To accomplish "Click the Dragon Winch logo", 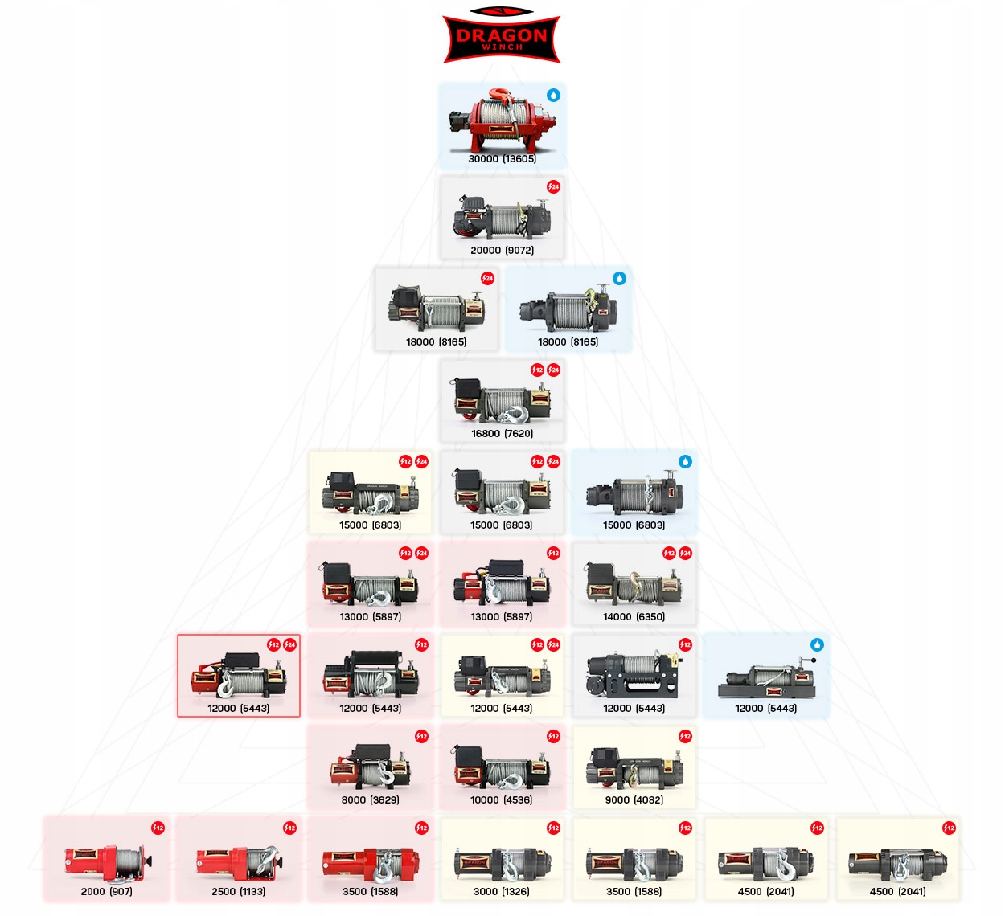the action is click(502, 35).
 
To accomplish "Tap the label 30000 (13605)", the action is click(502, 159).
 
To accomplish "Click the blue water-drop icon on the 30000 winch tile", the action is click(553, 95).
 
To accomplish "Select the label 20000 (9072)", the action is click(502, 251).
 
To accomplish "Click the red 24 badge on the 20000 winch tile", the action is click(553, 186).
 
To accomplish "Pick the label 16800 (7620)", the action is click(502, 434).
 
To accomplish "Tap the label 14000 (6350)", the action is click(634, 617).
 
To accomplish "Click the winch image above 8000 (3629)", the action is click(370, 767).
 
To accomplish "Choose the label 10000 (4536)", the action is click(502, 800).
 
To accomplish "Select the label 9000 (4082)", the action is click(634, 800).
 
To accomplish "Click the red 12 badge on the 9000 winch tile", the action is click(685, 737).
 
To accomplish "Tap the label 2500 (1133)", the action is click(239, 892).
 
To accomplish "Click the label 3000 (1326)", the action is click(502, 892).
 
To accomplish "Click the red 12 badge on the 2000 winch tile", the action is click(158, 828).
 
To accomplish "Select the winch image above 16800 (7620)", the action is click(502, 401).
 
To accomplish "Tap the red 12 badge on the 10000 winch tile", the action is click(553, 737).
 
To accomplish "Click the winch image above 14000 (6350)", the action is click(634, 584).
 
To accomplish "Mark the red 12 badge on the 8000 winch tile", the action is click(421, 737).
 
